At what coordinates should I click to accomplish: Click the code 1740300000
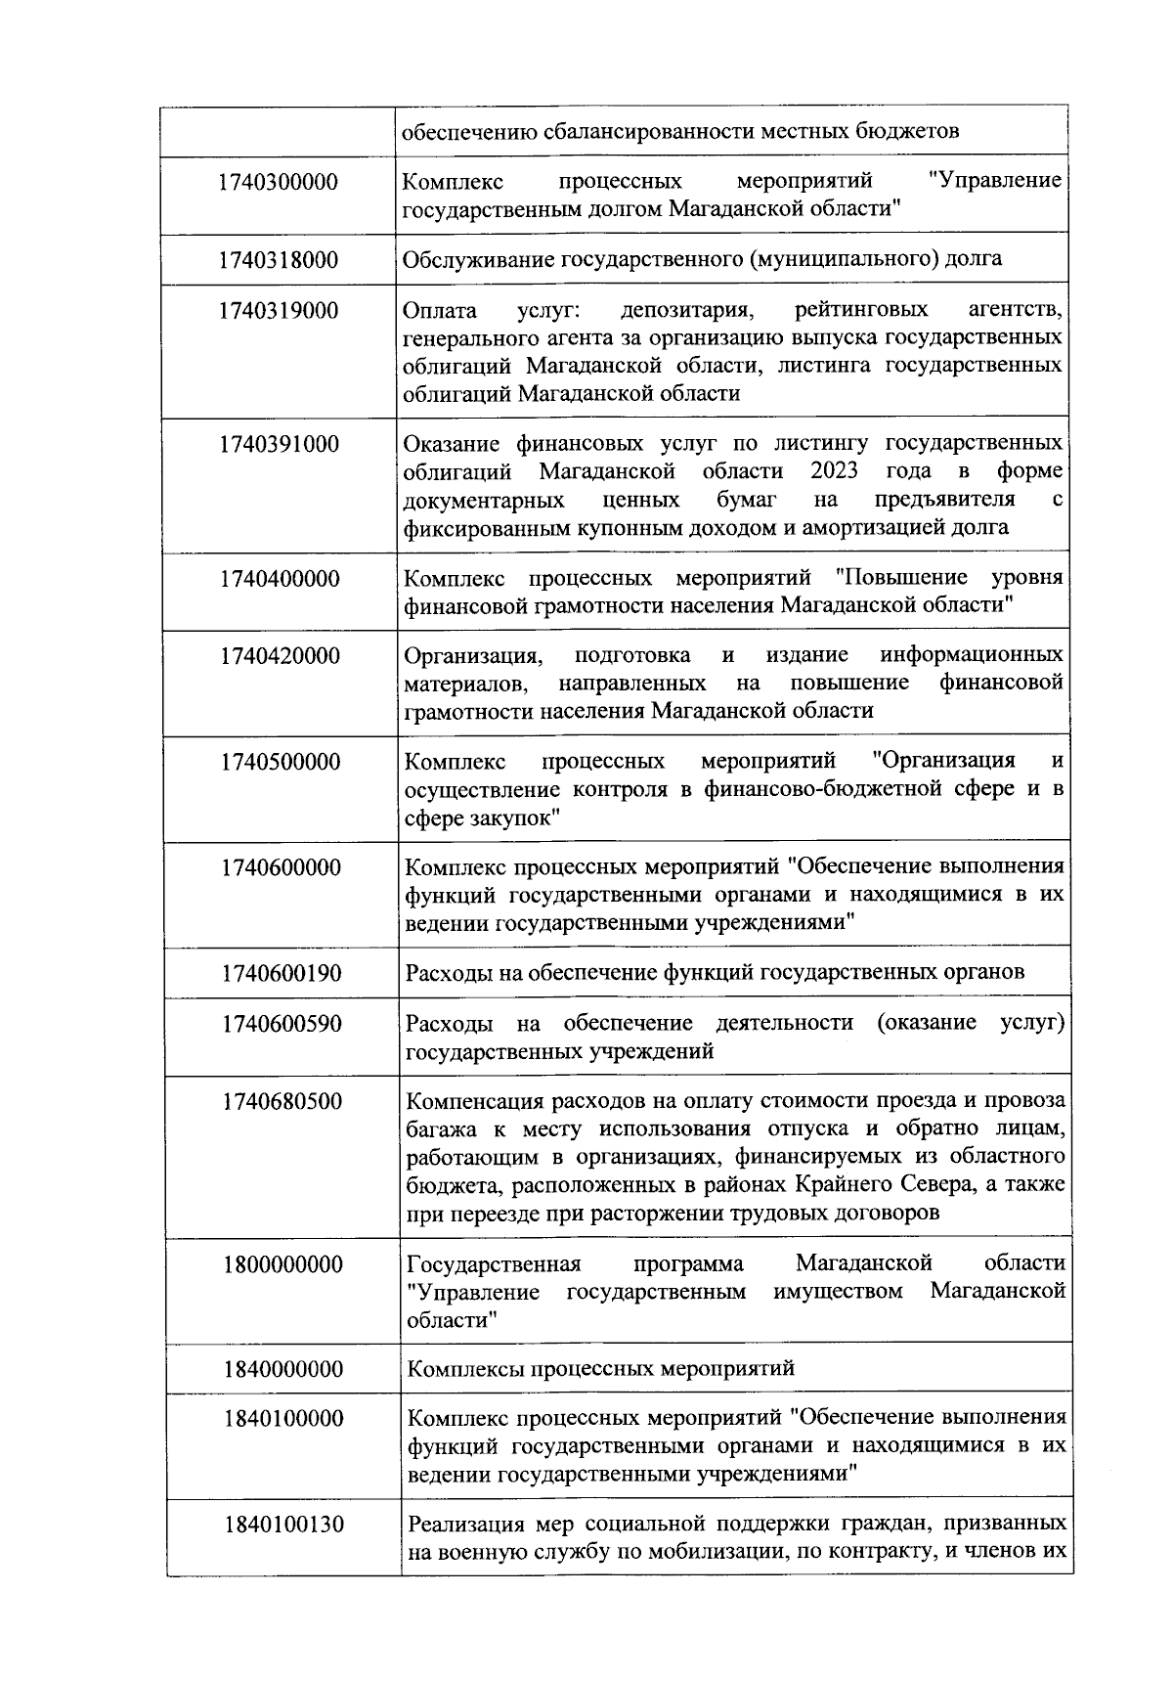coord(279,182)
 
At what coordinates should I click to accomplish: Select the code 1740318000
coord(279,260)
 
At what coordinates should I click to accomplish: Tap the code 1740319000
coord(279,311)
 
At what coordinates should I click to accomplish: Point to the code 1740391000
coord(279,445)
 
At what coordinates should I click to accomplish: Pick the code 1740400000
coord(280,579)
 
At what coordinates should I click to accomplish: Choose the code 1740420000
coord(280,656)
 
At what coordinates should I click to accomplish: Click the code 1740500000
coord(280,762)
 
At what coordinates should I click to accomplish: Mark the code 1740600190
coord(282,973)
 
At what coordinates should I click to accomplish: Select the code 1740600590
coord(282,1024)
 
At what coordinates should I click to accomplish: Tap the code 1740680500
coord(282,1102)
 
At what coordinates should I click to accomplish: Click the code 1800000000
coord(282,1265)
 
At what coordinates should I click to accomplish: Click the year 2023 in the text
coord(834,471)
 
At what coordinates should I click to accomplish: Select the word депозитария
coord(685,311)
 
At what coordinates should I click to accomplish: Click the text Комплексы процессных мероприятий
coord(600,1368)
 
